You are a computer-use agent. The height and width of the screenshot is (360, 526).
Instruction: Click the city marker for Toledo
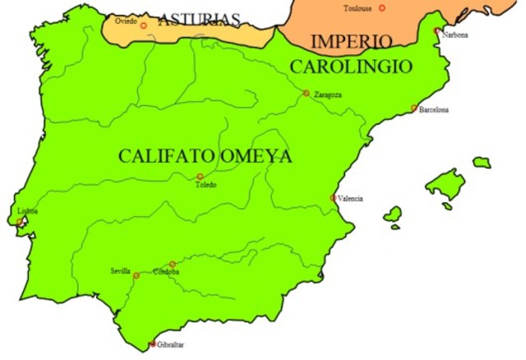click(200, 177)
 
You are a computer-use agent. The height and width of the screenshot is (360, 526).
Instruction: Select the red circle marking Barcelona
click(414, 108)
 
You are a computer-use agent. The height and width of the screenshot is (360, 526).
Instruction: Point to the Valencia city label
click(350, 198)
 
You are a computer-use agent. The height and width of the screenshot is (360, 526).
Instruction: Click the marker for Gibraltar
click(153, 344)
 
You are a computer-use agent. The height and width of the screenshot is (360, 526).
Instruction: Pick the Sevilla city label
click(120, 270)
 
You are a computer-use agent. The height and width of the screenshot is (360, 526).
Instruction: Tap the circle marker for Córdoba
click(172, 264)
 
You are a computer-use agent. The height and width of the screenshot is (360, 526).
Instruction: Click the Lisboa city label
click(27, 211)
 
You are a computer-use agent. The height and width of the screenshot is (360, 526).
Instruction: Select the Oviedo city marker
click(143, 25)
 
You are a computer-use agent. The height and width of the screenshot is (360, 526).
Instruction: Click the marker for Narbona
click(436, 30)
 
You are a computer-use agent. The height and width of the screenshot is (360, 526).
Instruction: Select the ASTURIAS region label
click(199, 20)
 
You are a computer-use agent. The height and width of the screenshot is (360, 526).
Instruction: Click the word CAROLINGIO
click(349, 66)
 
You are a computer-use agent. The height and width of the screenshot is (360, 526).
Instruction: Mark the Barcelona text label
click(434, 109)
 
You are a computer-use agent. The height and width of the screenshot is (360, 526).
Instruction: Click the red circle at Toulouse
click(381, 8)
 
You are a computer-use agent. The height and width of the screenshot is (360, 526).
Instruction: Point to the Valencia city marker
click(333, 197)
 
